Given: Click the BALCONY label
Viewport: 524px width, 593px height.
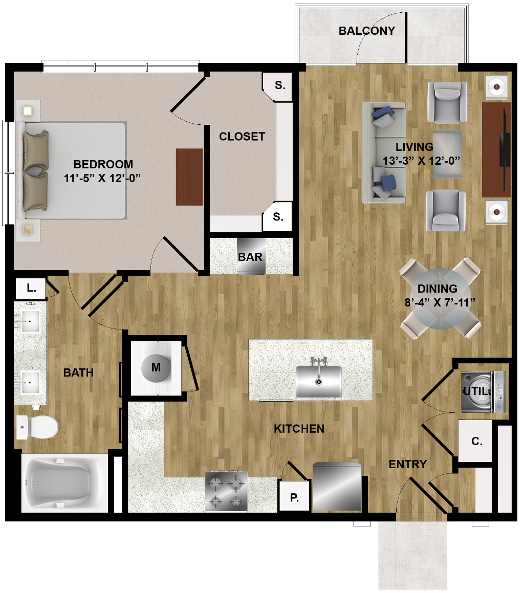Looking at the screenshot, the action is coord(366,31).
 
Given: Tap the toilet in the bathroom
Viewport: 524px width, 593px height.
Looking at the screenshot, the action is coord(37,427).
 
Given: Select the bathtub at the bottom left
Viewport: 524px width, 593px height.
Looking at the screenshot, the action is coord(64,483).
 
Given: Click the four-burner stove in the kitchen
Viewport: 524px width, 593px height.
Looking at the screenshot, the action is coord(226,491).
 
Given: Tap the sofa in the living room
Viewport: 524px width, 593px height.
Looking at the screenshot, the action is coord(383,152).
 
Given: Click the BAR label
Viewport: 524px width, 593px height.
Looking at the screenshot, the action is coord(250,257).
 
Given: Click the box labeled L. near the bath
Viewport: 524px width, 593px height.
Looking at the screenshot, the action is coord(31,289).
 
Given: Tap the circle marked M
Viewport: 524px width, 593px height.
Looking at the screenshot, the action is coord(156,367).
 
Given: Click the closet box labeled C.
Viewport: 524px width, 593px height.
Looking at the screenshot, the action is coord(476,441).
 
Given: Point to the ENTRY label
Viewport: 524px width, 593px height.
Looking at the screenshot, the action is coord(407,464).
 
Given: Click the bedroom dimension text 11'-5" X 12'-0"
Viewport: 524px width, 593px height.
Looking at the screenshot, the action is coord(102,178).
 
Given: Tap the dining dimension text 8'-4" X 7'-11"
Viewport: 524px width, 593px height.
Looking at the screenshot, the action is coord(439,302).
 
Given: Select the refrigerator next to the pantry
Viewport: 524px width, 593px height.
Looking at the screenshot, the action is coord(336,487).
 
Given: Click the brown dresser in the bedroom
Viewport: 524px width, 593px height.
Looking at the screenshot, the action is coord(189,177).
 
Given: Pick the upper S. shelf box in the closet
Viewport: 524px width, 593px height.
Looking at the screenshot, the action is coord(278,86).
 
